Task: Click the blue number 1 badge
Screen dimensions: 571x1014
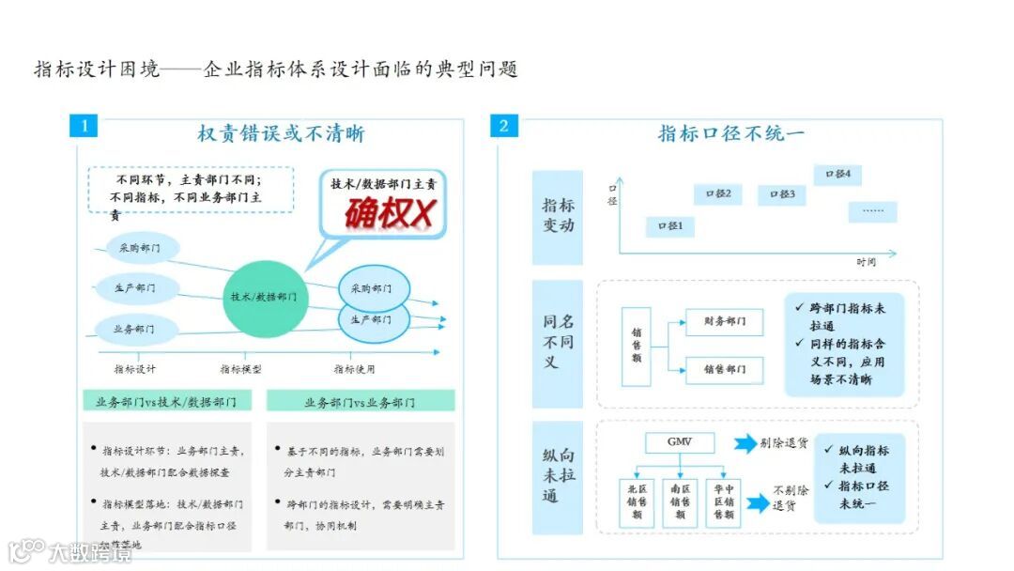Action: [x=84, y=125]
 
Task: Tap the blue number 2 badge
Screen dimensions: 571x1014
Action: [x=504, y=125]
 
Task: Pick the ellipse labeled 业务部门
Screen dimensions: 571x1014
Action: [x=133, y=329]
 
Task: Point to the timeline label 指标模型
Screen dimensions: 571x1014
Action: [x=241, y=369]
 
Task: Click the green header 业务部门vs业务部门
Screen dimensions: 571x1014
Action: [x=361, y=401]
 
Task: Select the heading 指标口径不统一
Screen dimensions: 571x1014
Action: [x=730, y=133]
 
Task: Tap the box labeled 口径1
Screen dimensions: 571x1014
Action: [x=670, y=226]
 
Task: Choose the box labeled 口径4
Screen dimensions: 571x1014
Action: [x=837, y=174]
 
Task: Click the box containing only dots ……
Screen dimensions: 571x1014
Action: [x=872, y=211]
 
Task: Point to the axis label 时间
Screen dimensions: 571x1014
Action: [x=867, y=262]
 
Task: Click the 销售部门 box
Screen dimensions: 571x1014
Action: [x=724, y=370]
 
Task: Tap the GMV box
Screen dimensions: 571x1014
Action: [x=679, y=443]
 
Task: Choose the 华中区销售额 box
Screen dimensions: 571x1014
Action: [x=723, y=502]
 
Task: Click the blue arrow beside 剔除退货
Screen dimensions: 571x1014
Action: [x=745, y=443]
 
